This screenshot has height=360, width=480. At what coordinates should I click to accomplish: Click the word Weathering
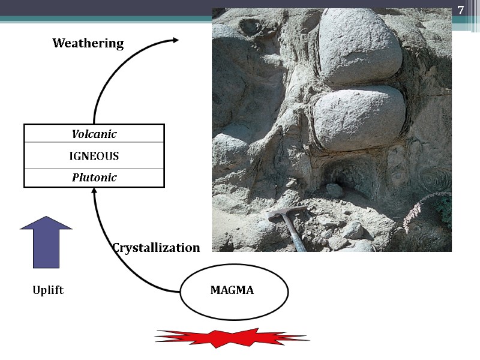[88, 43]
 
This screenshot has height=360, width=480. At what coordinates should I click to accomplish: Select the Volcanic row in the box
[94, 133]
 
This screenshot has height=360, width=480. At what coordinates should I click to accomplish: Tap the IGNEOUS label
[94, 156]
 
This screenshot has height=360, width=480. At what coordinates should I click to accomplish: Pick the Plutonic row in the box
[94, 178]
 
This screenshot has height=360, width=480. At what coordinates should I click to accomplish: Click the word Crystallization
[156, 248]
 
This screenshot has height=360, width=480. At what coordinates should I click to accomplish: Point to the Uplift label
[48, 290]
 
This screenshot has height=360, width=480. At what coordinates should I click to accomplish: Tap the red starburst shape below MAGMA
[232, 339]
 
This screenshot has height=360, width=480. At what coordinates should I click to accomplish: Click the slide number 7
[460, 10]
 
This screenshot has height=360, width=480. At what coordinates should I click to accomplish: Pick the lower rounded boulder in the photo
[359, 117]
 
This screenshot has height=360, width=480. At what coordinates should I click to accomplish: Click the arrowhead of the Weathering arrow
[175, 40]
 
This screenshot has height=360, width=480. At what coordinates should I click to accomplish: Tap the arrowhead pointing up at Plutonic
[94, 191]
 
